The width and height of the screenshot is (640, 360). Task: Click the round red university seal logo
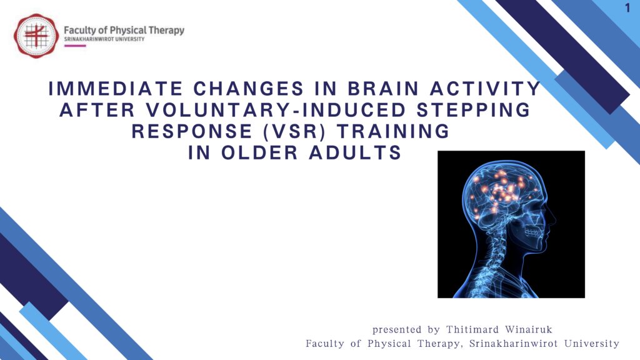point(36,36)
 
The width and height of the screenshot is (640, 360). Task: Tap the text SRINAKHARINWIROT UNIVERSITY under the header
point(104,39)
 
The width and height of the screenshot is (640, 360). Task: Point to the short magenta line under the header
point(75,46)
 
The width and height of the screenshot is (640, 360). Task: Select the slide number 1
point(627,8)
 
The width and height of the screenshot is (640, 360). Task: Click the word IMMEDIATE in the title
point(116,89)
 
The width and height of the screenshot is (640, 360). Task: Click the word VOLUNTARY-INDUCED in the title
point(276,110)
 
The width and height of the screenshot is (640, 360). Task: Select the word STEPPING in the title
point(474,110)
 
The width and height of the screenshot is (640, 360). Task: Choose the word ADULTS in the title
point(355,152)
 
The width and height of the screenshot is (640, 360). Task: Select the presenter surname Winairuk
point(529,329)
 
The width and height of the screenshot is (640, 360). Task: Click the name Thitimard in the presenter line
point(472,329)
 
